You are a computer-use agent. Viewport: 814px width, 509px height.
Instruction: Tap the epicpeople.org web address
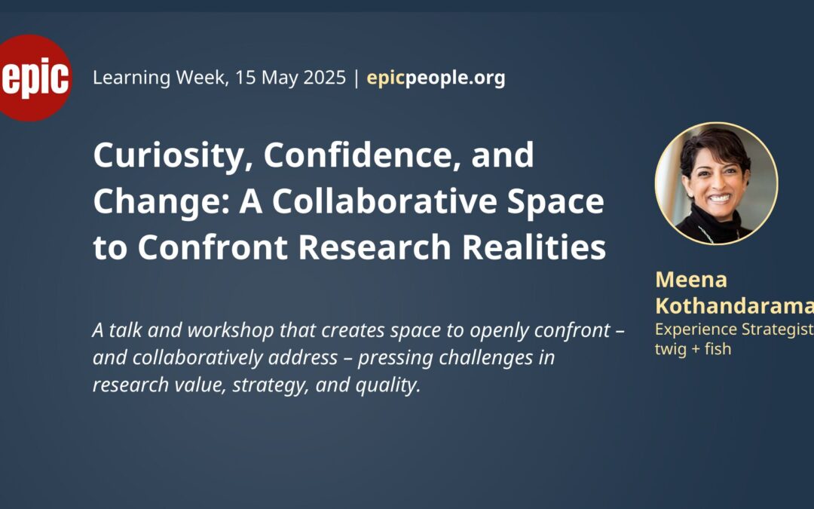click(x=436, y=78)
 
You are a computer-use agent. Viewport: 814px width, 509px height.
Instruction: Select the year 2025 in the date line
click(x=324, y=78)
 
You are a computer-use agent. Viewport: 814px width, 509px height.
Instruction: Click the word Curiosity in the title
click(x=168, y=156)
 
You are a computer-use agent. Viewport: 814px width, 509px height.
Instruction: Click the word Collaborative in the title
click(x=384, y=201)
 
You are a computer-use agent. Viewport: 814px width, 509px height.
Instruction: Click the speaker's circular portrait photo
click(x=717, y=183)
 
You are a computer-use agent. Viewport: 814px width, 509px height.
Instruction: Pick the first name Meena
click(x=691, y=280)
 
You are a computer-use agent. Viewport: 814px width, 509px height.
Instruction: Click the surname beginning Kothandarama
click(x=735, y=306)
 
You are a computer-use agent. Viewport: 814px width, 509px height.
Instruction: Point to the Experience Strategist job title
click(x=735, y=330)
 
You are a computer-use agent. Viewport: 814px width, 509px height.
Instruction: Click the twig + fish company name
click(x=693, y=348)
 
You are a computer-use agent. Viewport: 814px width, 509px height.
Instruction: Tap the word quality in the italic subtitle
click(x=388, y=385)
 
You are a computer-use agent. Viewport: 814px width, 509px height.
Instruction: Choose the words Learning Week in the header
click(x=161, y=78)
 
